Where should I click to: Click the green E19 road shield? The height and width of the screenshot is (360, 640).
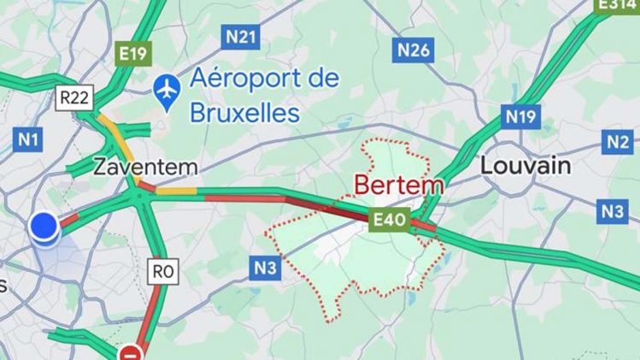[x=133, y=54]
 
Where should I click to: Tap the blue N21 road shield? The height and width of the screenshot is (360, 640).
[x=240, y=37]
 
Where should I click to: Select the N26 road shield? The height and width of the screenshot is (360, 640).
[x=414, y=50]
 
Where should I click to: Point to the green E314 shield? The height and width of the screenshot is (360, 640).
[x=616, y=5]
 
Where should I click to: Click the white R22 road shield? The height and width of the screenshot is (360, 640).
[x=73, y=97]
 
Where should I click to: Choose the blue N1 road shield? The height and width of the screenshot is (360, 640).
[x=29, y=139]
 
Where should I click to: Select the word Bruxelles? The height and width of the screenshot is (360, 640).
[x=244, y=113]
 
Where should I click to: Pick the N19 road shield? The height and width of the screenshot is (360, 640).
[x=520, y=116]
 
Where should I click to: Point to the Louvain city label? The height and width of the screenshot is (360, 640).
[x=525, y=165]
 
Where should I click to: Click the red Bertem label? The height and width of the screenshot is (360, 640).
[x=398, y=185]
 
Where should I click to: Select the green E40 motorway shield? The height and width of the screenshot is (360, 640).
[x=389, y=221]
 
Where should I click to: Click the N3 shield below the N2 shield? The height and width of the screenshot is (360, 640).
[x=612, y=211]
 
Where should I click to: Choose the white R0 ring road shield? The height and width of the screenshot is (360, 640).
[x=162, y=272]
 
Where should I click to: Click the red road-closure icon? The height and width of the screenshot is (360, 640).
[x=131, y=352]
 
